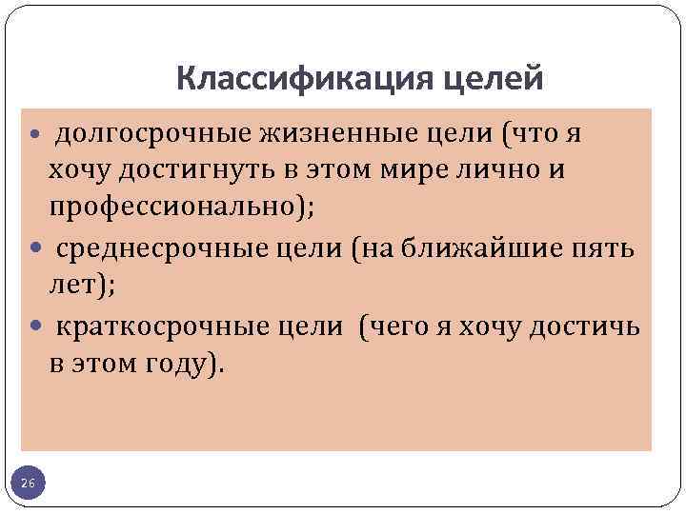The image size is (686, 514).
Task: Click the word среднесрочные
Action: pos(163,249)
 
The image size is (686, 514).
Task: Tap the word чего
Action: pos(393,326)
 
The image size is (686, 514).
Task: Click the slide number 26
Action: pos(28,485)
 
